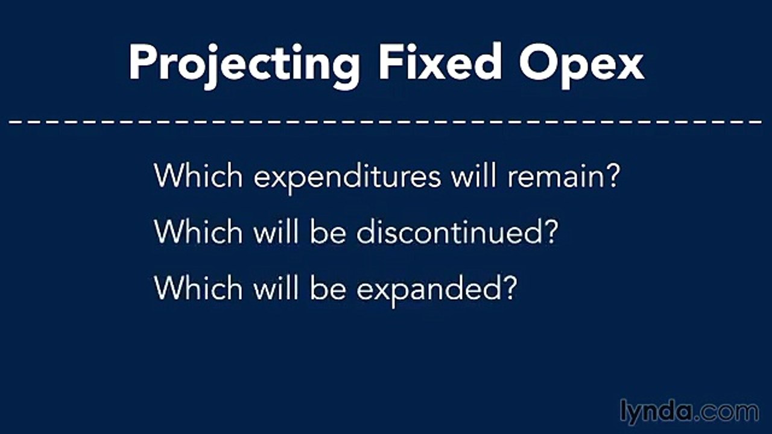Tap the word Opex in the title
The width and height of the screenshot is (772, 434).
click(582, 63)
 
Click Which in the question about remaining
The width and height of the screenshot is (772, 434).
click(199, 175)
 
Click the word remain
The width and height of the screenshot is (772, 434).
click(555, 176)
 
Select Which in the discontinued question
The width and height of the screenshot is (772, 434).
click(199, 231)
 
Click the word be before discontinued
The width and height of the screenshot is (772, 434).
click(329, 231)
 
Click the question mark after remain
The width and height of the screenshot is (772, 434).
click(612, 175)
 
